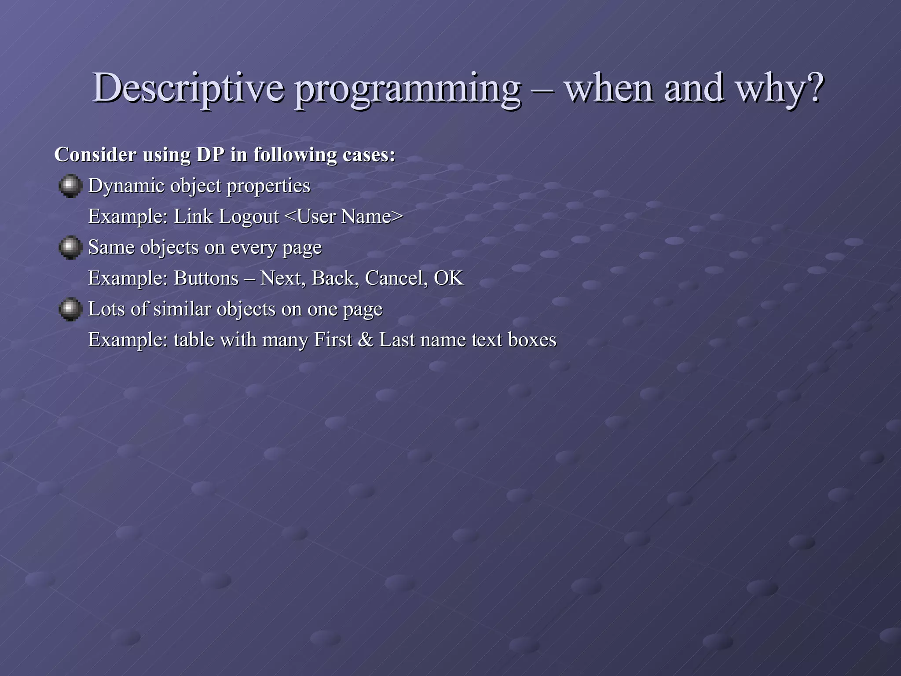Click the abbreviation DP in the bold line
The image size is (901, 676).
coord(210,154)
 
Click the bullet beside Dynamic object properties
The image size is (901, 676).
coord(70,186)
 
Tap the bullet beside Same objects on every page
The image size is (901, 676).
coord(70,247)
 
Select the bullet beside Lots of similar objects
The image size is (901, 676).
coord(70,309)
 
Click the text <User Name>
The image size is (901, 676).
coord(344,217)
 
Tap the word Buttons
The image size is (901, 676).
coord(206,278)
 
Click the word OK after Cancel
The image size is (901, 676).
coord(449,278)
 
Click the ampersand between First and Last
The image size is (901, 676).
coord(365,340)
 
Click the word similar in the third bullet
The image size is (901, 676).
coord(182,309)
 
